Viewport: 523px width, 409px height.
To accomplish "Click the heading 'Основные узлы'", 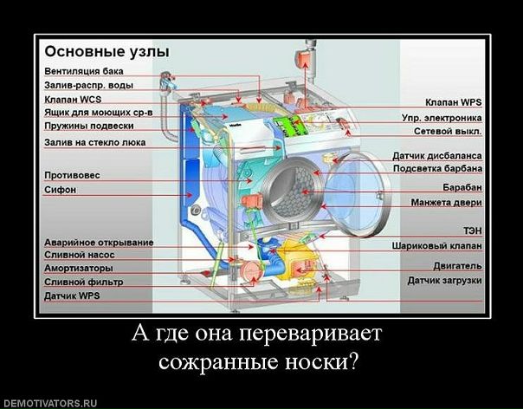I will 107,51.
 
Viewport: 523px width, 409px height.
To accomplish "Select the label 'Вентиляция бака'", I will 83,71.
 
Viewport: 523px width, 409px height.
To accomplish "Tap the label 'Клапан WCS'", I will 73,100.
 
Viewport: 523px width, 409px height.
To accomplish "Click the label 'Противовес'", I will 72,175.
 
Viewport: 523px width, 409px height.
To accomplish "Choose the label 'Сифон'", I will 61,189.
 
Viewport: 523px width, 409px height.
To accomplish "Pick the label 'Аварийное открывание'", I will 99,242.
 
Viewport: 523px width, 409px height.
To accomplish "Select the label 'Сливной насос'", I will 80,256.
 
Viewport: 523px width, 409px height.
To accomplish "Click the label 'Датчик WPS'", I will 74,295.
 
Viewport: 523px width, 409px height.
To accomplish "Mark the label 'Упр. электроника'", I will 442,117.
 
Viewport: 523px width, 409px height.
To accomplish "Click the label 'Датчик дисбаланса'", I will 437,154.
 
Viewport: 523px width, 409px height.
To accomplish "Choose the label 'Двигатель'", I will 457,266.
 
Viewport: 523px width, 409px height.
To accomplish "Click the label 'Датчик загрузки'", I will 445,281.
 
